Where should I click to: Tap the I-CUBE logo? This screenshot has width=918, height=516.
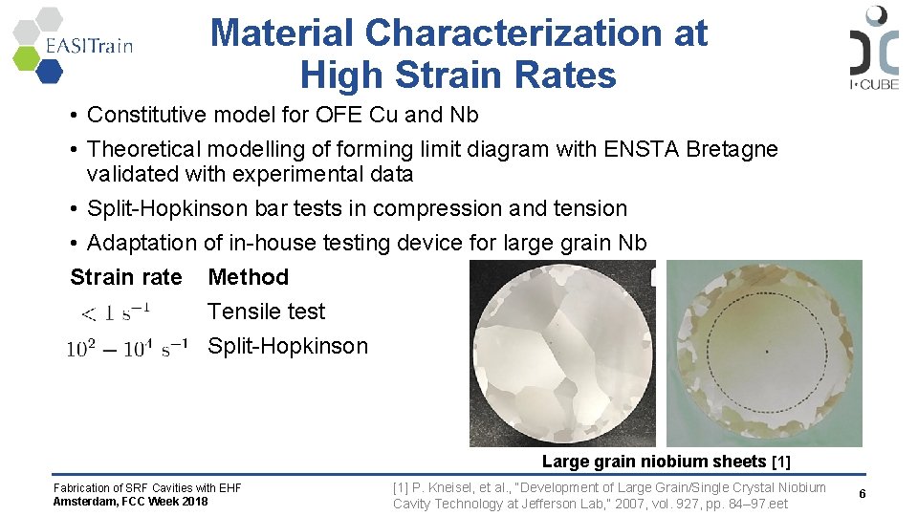coord(873,48)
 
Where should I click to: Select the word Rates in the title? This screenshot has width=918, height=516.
coord(570,75)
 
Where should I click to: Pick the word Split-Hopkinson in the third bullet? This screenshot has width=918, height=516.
coord(158,208)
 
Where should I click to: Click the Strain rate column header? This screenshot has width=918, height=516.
coord(125,277)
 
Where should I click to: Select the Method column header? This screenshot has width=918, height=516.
coord(248,277)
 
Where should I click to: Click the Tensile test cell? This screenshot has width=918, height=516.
coord(266,312)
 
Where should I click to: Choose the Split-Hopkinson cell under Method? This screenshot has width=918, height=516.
coord(287,346)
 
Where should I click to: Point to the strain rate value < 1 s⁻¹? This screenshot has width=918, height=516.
coord(115,312)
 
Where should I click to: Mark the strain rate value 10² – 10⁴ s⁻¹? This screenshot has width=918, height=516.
coord(126,348)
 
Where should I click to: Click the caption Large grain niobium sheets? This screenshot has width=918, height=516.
coord(655,462)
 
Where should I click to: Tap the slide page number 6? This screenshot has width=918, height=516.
coord(862,494)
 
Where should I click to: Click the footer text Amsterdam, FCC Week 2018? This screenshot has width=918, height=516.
coord(130,502)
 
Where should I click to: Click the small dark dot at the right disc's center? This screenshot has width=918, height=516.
coord(766,353)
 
